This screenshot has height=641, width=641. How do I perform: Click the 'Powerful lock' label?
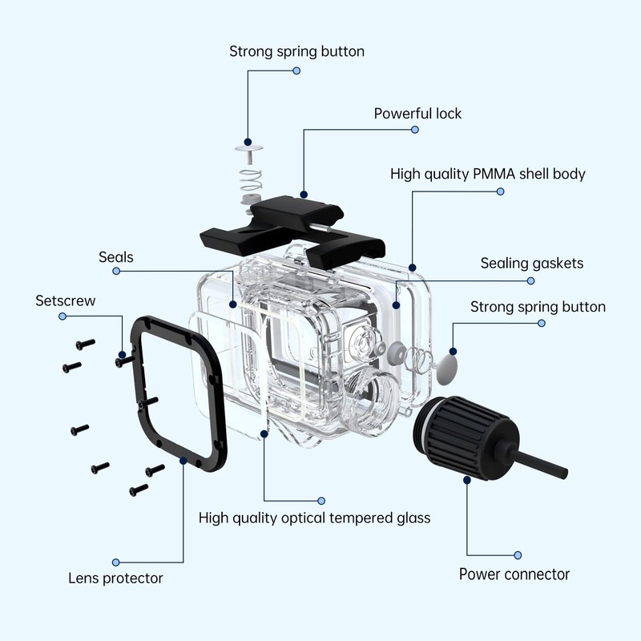[x=417, y=114]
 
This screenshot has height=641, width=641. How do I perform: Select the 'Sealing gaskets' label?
[x=531, y=263]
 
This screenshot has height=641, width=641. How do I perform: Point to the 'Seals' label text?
[x=116, y=257]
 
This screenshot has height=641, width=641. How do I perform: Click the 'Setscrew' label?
[x=66, y=301]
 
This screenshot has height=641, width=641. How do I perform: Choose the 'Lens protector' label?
[x=115, y=578]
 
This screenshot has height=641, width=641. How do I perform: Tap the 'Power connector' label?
[x=514, y=574]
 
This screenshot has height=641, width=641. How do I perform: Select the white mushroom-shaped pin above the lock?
[x=251, y=149]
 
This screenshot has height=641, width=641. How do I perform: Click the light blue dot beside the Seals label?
[x=116, y=272]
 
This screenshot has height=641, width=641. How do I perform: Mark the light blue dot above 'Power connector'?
[x=518, y=554]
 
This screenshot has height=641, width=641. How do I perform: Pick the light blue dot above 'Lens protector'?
[x=116, y=562]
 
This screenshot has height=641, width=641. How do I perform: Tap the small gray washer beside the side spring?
[x=394, y=350]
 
